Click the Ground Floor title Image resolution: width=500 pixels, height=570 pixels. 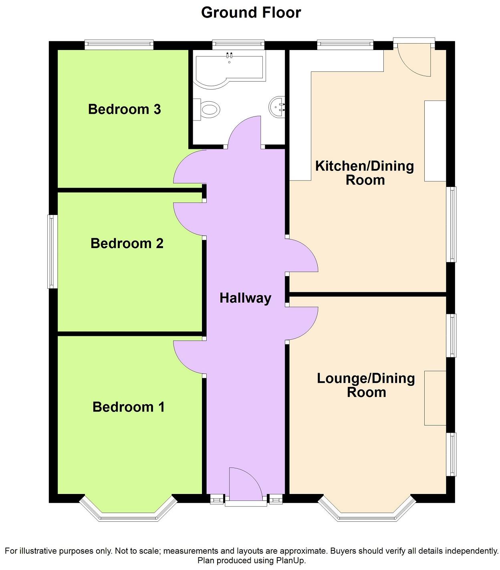[x=251, y=13]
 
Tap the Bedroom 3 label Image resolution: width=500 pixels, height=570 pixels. [x=124, y=109]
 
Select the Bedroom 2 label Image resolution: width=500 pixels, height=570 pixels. [x=127, y=243]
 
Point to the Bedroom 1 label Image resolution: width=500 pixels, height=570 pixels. [x=128, y=407]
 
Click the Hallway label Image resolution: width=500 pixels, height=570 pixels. [x=245, y=298]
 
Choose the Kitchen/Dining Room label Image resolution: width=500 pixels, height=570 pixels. [x=365, y=173]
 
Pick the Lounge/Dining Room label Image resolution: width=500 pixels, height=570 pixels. [x=366, y=385]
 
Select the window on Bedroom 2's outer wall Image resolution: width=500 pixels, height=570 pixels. [x=52, y=251]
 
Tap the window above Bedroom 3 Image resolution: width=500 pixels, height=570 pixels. [x=119, y=44]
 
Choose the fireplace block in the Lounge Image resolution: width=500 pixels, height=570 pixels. [x=435, y=398]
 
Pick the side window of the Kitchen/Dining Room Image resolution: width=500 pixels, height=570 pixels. [x=452, y=224]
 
